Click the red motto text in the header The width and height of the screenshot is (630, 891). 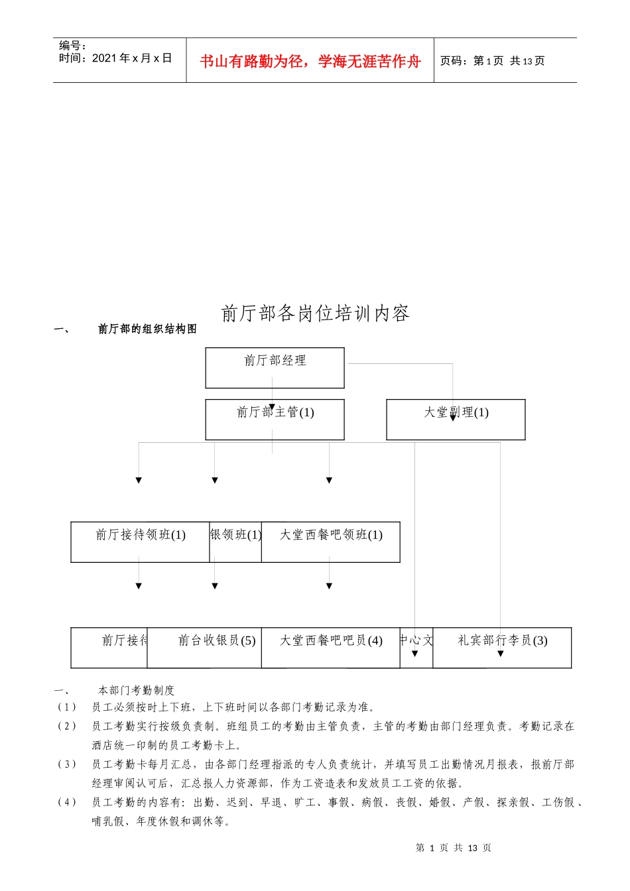click(310, 61)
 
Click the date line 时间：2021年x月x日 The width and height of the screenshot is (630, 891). click(115, 58)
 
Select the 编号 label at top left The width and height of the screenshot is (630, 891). click(72, 46)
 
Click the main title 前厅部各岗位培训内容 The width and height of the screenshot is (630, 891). click(315, 313)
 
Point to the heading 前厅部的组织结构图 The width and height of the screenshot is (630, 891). click(147, 329)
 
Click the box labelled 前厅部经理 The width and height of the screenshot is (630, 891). click(275, 368)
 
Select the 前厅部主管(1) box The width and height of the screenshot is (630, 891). click(275, 420)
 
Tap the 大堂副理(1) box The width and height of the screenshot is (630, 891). click(456, 420)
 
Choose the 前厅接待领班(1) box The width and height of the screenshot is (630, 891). click(140, 542)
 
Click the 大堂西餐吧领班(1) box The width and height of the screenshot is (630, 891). click(330, 542)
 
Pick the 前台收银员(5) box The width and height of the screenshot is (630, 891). click(204, 648)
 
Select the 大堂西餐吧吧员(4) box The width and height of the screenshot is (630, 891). click(330, 648)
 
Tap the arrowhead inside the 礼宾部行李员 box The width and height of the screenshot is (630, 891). click(501, 654)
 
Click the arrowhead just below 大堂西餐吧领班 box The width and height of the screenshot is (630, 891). click(329, 585)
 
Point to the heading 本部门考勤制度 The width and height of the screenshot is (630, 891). click(136, 690)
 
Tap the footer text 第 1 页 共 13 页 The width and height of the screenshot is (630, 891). click(453, 848)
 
